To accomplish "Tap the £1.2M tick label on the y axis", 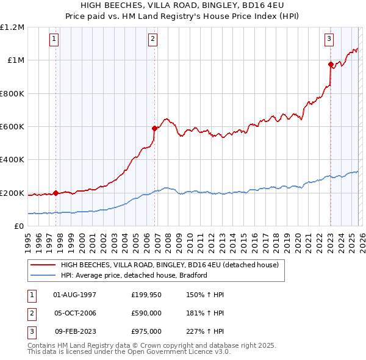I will [12, 27].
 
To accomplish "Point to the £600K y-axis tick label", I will [12, 127].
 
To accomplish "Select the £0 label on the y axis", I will [18, 226].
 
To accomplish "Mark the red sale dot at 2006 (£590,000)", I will [154, 128].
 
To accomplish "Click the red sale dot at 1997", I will [56, 193].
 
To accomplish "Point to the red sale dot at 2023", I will [331, 64].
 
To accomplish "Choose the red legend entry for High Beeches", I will [169, 265].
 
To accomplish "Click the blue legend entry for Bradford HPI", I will [134, 275].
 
